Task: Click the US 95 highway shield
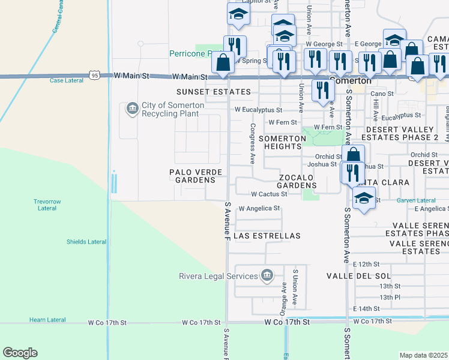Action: click(x=94, y=75)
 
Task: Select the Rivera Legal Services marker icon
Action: click(x=267, y=276)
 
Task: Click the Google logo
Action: click(x=20, y=353)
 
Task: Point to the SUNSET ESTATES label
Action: click(x=213, y=92)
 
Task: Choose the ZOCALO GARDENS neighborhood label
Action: click(x=305, y=182)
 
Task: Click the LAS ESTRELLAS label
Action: click(x=267, y=236)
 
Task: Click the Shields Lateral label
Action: click(x=86, y=242)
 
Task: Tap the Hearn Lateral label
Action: click(x=47, y=320)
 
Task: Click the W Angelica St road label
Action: click(x=259, y=208)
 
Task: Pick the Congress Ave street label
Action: click(x=253, y=144)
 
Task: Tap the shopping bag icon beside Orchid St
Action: click(x=354, y=154)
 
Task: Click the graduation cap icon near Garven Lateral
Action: click(x=364, y=199)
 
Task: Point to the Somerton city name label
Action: click(x=351, y=80)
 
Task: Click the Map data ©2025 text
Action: click(x=423, y=355)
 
